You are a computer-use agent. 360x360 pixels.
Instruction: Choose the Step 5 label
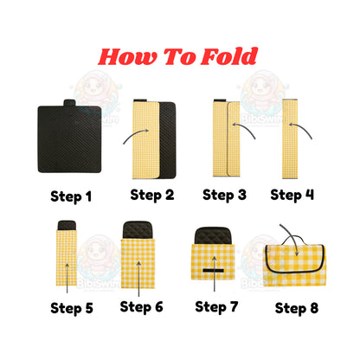pos(72,307)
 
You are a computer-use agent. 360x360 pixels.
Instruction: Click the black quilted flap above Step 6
pos(141,231)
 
